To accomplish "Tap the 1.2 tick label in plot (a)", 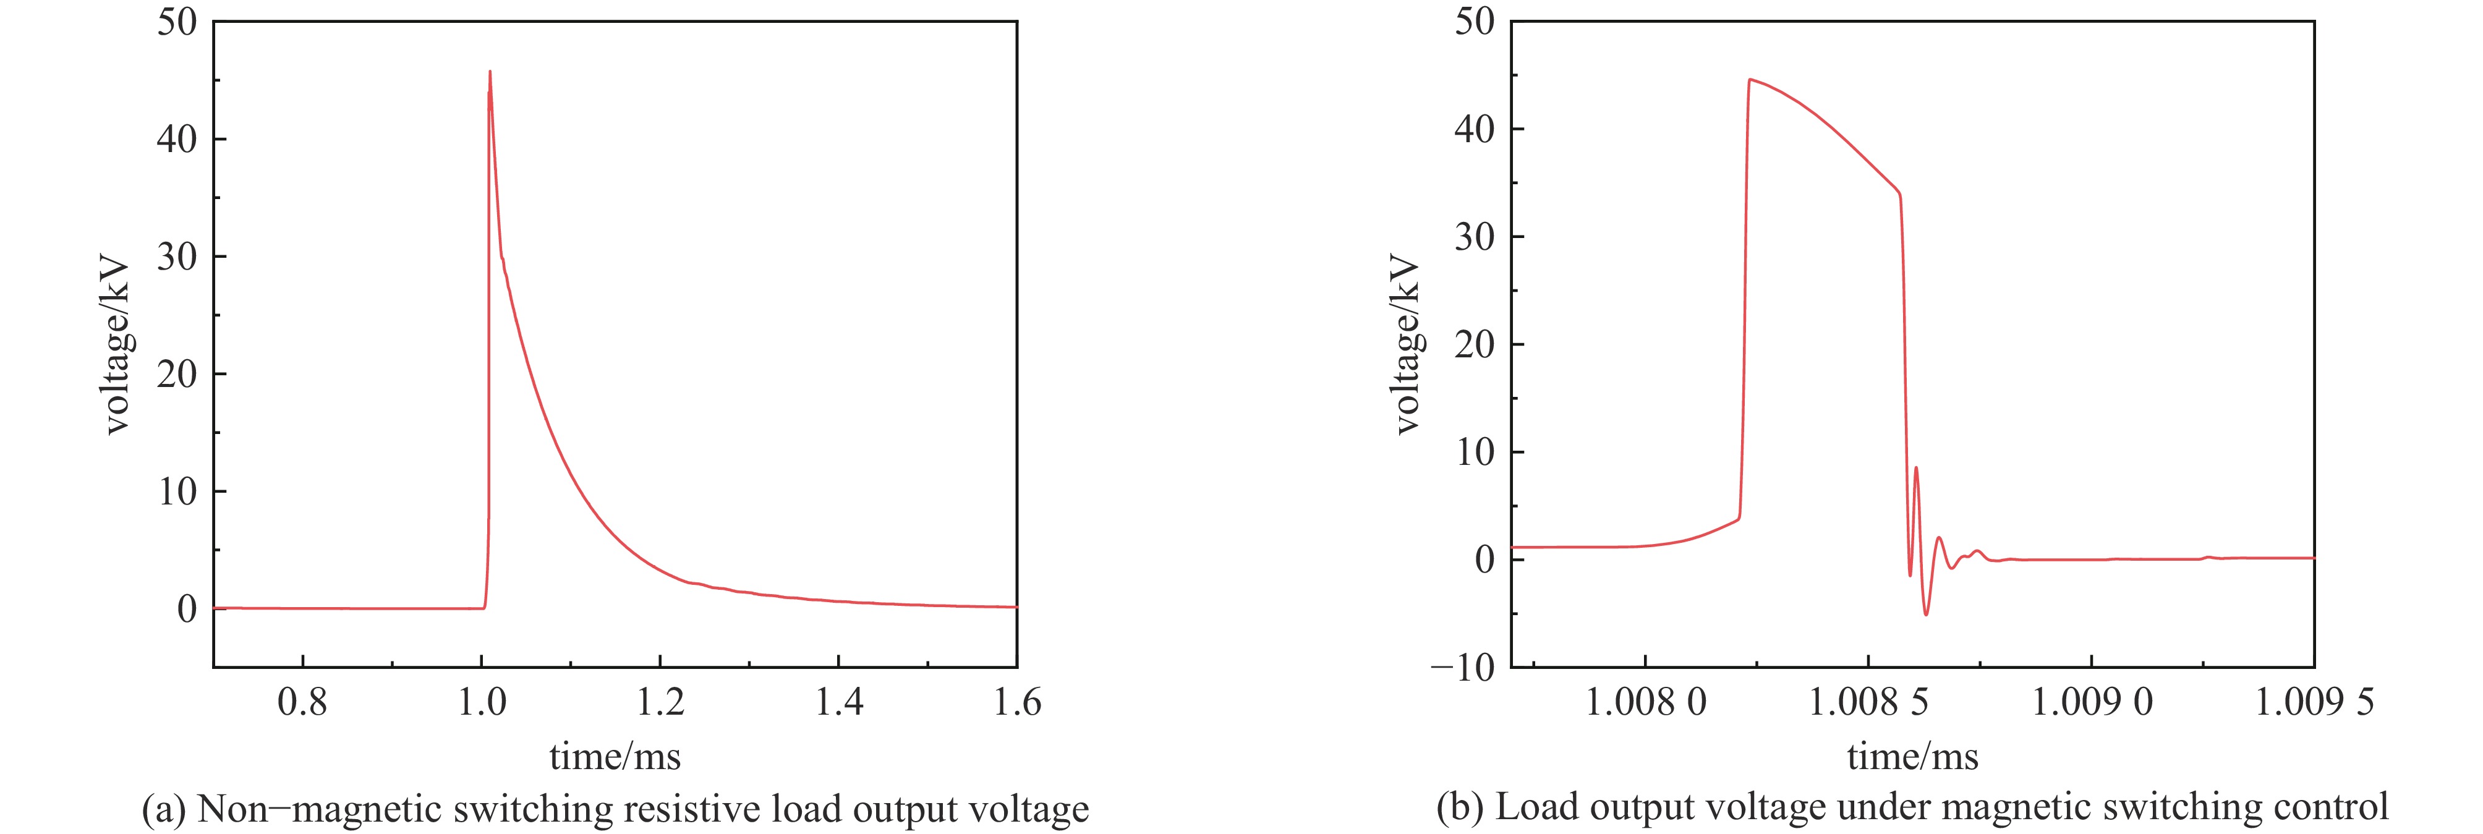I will click(x=660, y=702).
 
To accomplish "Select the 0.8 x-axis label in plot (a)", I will click(x=303, y=702).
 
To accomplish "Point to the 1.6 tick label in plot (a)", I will click(x=1017, y=702).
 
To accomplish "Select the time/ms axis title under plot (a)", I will click(x=615, y=756).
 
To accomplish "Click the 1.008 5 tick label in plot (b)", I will click(x=1868, y=702).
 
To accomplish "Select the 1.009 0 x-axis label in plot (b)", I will click(x=2092, y=702).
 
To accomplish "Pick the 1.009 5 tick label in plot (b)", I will click(x=2314, y=702).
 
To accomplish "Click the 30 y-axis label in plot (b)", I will click(x=1474, y=237).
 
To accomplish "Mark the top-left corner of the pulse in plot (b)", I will click(x=1750, y=80).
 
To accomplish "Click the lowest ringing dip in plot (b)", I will click(x=1926, y=614).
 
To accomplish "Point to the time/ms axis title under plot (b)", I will click(x=1912, y=756).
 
